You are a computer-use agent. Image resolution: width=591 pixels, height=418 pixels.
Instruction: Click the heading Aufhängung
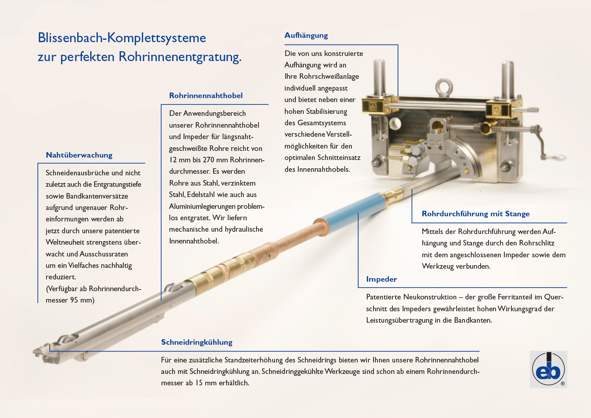tap(306, 35)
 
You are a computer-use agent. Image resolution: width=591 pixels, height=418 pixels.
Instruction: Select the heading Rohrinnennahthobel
tap(206, 96)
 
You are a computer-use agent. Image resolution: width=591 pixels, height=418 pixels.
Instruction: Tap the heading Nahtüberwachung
tap(79, 155)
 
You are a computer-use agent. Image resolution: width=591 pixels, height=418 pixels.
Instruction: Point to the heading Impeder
tap(381, 279)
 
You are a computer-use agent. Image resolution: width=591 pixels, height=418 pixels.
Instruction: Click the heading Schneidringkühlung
tap(197, 342)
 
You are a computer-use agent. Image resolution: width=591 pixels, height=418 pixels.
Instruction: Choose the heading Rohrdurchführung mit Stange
tap(476, 214)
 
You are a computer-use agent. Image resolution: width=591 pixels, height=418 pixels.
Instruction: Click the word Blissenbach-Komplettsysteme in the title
tap(122, 38)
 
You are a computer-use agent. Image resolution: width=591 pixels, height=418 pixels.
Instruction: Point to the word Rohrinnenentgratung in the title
tap(180, 57)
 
